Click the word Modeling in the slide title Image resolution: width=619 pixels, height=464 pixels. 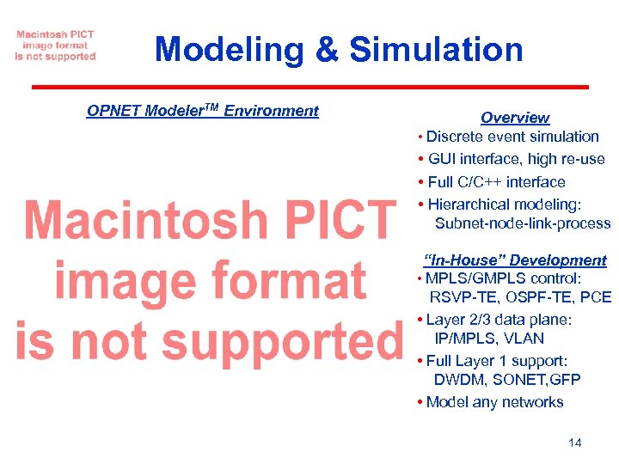click(x=229, y=49)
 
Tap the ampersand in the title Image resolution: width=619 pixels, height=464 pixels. click(x=327, y=49)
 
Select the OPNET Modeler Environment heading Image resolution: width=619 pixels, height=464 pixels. click(x=203, y=111)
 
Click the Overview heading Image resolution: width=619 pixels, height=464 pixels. click(x=514, y=118)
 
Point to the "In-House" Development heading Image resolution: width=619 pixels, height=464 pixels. click(x=515, y=260)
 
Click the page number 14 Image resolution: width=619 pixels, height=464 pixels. click(x=575, y=443)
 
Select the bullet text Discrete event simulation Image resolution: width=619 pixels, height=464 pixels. click(x=512, y=137)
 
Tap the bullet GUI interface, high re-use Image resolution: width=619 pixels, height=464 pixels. click(x=515, y=159)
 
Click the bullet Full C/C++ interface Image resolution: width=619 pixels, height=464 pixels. click(x=496, y=182)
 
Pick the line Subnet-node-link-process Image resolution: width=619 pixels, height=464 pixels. click(x=522, y=224)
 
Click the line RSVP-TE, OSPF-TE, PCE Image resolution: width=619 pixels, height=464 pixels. click(x=520, y=298)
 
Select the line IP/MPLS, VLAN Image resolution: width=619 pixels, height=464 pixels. click(x=489, y=339)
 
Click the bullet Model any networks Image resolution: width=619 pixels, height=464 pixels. click(x=494, y=402)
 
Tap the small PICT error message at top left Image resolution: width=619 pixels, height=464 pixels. click(x=55, y=46)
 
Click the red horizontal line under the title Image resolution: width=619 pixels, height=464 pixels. click(x=309, y=87)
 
